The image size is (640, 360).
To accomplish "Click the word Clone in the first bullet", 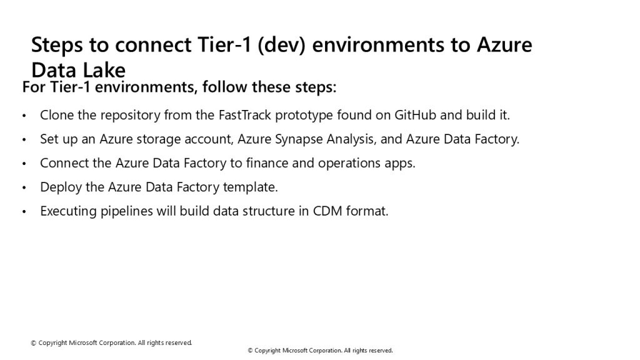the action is point(57,115).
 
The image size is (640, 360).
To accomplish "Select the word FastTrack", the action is point(245,115).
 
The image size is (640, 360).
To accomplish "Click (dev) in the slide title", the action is point(282,45).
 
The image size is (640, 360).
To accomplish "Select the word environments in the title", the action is point(378,45).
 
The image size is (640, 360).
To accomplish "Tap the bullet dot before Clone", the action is point(24,116).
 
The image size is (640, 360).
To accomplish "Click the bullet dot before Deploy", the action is point(24,188).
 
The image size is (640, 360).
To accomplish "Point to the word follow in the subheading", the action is point(225,87).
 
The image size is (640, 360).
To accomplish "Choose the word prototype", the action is point(304,116).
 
